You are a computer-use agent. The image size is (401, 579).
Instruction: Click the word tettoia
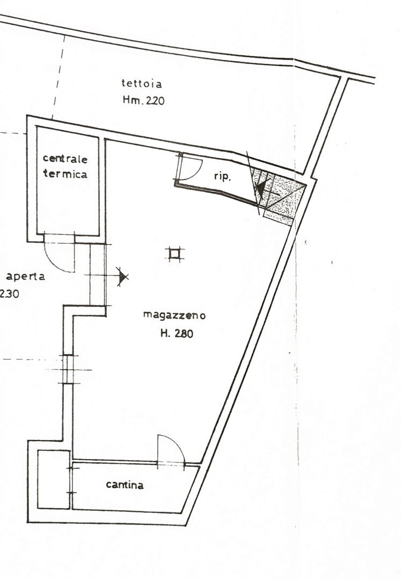(x=142, y=84)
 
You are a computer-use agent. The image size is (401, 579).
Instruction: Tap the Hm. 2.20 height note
(x=144, y=100)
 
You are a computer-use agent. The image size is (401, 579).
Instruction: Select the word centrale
(x=65, y=159)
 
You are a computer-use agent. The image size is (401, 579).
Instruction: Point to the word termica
(x=65, y=173)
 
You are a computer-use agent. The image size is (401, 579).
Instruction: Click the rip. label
(x=222, y=177)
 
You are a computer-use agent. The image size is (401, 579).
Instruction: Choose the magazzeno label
(x=174, y=315)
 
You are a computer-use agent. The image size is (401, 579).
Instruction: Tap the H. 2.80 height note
(x=177, y=333)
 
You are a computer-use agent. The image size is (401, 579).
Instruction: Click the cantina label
(x=125, y=485)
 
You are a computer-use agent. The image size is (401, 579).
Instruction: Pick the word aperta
(x=26, y=276)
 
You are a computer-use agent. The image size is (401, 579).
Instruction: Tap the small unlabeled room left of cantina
(x=54, y=480)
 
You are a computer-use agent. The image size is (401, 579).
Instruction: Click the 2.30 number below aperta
(x=9, y=294)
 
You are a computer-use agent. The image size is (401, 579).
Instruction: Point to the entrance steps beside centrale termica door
(x=98, y=275)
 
